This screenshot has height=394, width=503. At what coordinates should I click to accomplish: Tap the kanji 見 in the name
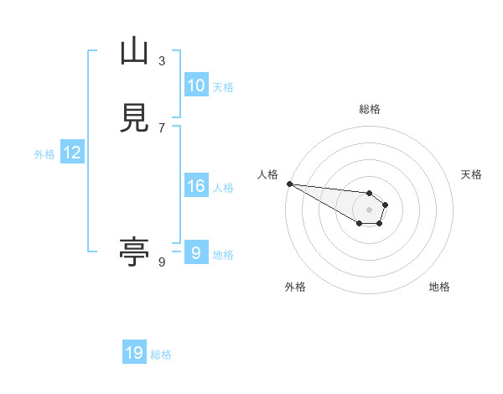click(134, 118)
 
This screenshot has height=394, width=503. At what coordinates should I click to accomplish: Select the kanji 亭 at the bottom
click(134, 252)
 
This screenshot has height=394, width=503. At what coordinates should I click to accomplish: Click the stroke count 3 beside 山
click(162, 60)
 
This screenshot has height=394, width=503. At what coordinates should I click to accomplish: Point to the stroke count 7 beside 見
click(162, 127)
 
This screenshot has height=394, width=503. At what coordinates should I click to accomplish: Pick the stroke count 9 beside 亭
click(162, 262)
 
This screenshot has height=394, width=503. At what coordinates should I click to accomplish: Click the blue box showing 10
click(195, 86)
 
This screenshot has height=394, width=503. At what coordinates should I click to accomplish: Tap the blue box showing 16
click(195, 186)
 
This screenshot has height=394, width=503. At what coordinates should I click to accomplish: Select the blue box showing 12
click(72, 153)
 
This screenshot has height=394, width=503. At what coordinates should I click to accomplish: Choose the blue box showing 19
click(134, 353)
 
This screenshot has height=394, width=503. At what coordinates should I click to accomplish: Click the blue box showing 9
click(195, 252)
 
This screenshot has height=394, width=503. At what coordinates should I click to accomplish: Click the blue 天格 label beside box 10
click(223, 87)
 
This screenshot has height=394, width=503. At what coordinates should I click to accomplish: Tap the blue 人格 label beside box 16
click(223, 188)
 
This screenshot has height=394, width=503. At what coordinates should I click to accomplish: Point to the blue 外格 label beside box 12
click(44, 154)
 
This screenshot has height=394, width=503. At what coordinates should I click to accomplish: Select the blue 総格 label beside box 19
click(161, 355)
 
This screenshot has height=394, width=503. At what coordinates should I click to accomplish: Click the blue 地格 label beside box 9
click(223, 254)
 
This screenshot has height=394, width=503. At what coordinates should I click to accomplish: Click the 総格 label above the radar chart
click(370, 109)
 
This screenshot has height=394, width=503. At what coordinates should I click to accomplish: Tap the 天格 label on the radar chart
click(472, 174)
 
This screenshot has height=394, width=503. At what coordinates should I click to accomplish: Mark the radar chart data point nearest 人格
click(289, 184)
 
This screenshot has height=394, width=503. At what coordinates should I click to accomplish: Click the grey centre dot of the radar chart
click(370, 210)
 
